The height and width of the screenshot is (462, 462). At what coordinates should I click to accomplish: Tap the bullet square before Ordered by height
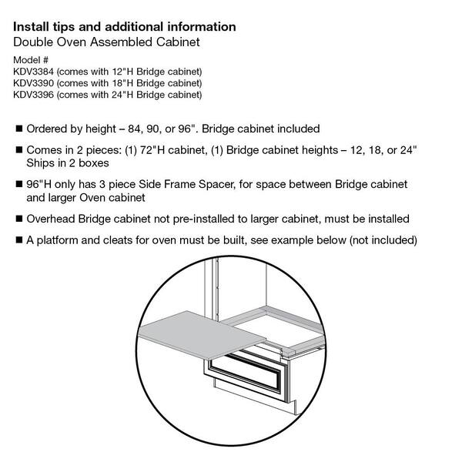click(18, 129)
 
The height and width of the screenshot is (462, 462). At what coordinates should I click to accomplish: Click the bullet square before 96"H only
click(18, 185)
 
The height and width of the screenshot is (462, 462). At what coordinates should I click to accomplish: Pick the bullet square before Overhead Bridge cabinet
click(18, 220)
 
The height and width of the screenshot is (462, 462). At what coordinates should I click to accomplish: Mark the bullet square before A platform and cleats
click(18, 240)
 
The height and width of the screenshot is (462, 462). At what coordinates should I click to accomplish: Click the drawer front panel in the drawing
click(247, 381)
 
